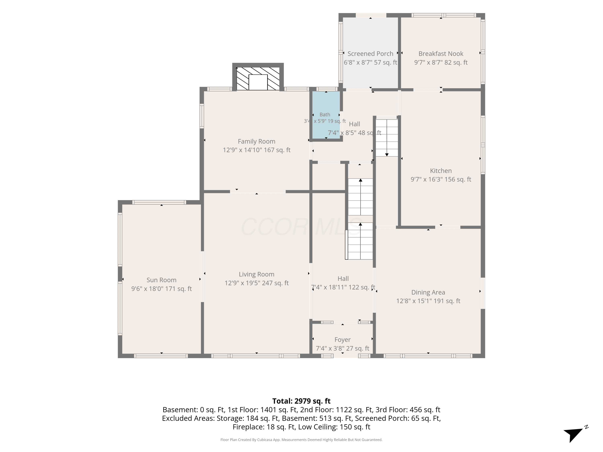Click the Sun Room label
161,280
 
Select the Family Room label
256,141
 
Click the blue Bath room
326,115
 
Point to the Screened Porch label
370,54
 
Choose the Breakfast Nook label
441,54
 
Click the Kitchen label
441,171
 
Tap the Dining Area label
428,292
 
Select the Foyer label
342,340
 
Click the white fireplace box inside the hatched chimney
258,82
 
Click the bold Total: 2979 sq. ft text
301,401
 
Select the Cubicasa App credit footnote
301,440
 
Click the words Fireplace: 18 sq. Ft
264,427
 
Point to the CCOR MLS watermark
301,227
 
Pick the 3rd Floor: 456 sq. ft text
408,410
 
